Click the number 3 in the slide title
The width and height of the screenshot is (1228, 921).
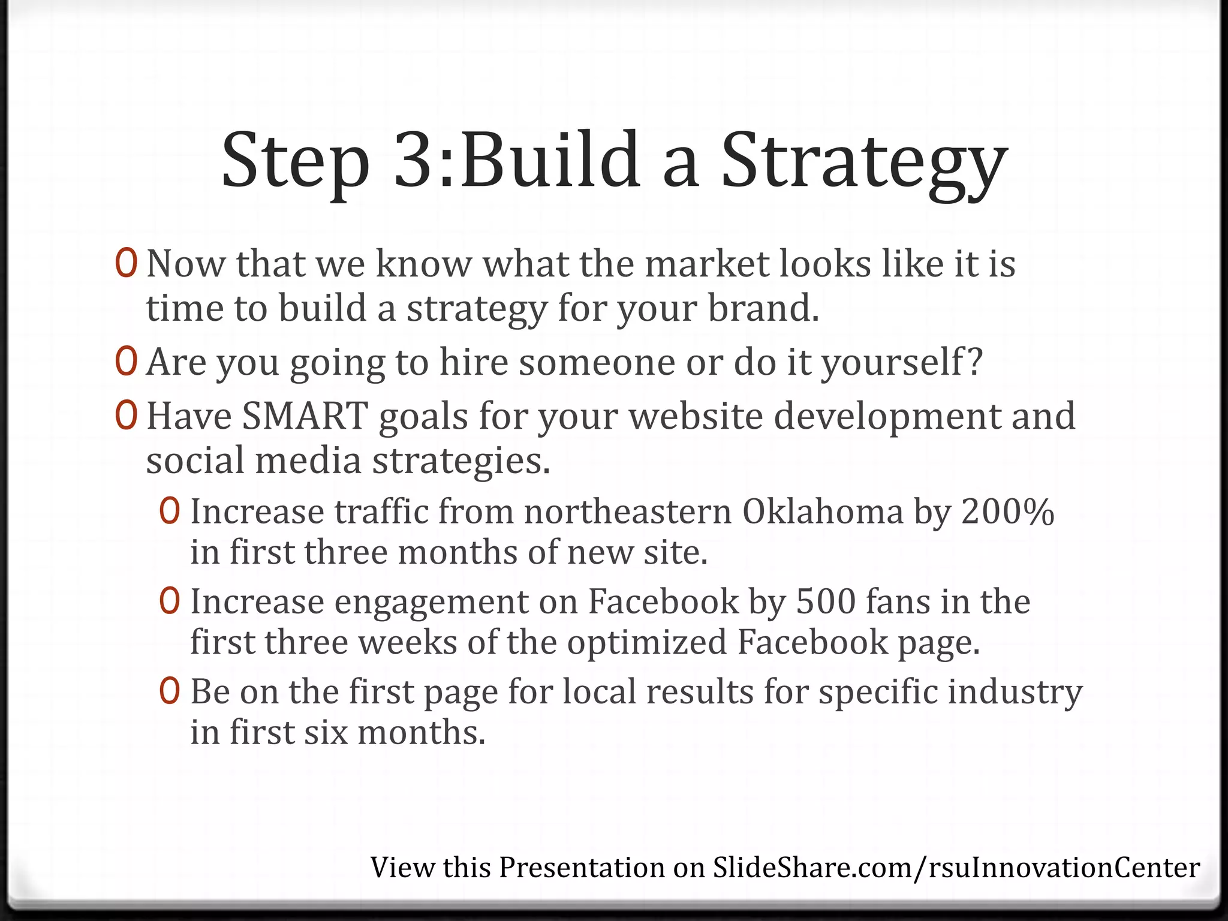418,161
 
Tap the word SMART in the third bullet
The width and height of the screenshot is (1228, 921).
305,416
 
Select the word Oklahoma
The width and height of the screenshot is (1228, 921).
823,512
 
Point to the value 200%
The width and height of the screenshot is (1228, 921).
1007,512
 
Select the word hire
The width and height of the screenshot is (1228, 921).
474,363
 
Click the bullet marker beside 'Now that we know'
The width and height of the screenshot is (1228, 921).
127,264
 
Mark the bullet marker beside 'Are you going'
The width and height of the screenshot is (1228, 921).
127,362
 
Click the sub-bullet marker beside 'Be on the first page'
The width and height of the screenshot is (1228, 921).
170,691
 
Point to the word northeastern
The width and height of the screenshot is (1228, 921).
628,512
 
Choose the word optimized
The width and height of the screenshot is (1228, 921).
646,642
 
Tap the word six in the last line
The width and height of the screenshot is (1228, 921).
326,733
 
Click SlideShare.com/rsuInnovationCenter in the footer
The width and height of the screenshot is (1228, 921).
956,868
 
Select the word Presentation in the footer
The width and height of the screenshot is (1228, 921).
582,868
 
